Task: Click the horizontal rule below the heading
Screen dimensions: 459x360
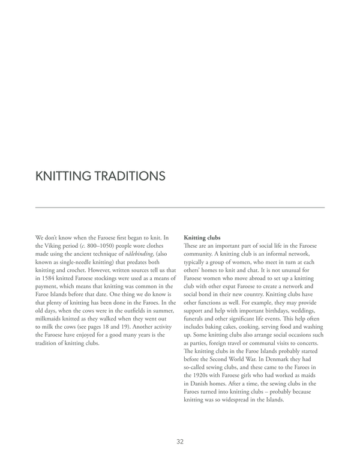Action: [x=180, y=208]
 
